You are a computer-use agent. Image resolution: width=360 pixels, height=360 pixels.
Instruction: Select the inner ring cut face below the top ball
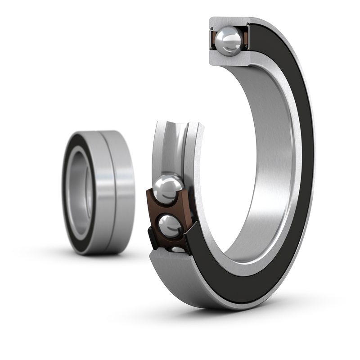pyautogui.click(x=229, y=57)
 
